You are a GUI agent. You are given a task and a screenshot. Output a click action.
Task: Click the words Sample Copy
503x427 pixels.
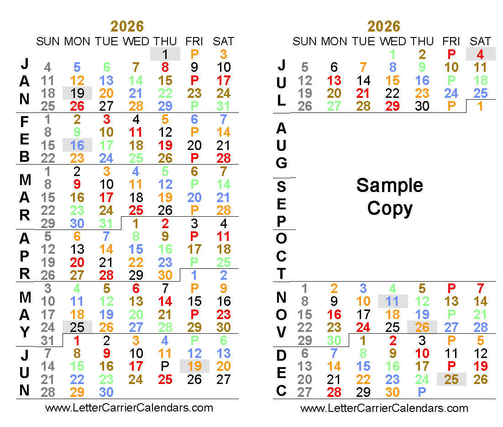point(389,197)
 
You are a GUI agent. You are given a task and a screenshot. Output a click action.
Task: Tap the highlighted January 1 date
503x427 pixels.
point(165,54)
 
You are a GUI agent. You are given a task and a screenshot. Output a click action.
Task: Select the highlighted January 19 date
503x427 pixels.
point(77,93)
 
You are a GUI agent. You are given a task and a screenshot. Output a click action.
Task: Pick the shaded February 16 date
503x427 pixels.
point(77,145)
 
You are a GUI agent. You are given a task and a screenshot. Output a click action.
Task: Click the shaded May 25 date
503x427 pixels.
point(77,327)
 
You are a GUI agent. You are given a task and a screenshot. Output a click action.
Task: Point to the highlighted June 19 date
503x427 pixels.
point(194,366)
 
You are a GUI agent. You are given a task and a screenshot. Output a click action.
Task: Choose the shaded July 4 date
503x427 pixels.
point(480,54)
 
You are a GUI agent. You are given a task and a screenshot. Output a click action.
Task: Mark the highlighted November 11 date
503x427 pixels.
point(393,301)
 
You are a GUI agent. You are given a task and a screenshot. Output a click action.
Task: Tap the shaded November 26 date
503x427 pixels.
point(422,327)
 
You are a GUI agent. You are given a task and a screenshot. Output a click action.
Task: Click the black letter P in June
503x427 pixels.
point(165,366)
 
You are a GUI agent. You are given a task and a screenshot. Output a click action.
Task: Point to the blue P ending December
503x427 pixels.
point(422,392)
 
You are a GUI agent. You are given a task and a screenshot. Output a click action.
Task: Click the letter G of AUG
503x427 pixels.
point(282,162)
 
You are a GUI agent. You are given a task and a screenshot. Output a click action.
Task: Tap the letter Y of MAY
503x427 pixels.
point(25,332)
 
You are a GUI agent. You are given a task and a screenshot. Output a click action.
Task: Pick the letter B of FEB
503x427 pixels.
point(25,157)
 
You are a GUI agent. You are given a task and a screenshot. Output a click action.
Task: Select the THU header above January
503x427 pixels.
point(165,41)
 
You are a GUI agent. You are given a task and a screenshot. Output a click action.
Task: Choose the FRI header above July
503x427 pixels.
point(451,41)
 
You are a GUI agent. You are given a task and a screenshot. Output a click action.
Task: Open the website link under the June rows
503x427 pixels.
point(129,407)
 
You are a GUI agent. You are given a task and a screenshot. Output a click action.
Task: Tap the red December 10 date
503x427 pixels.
point(422,353)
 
